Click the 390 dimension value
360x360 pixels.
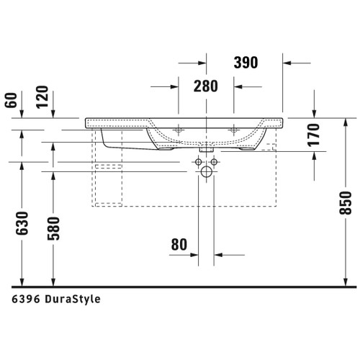246,63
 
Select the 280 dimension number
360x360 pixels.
206,86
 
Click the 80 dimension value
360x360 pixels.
179,246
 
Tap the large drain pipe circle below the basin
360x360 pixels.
208,173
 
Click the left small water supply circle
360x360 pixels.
197,163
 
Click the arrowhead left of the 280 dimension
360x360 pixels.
174,86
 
